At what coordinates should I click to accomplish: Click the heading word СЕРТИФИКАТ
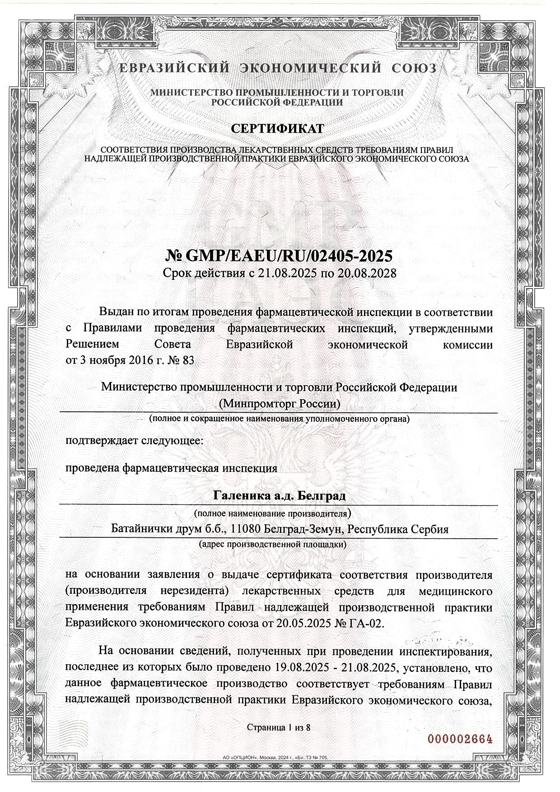point(277,129)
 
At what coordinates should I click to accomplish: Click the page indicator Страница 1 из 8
point(279,727)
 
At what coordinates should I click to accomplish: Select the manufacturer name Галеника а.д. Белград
point(279,496)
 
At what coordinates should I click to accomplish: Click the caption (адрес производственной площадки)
point(273,545)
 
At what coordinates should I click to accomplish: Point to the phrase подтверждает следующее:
point(135,441)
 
